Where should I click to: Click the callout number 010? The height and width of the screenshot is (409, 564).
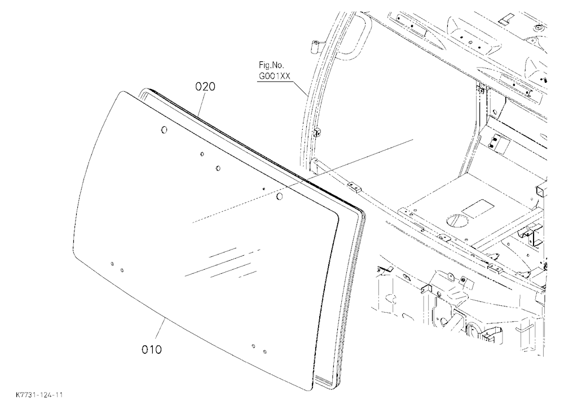[x=151, y=349]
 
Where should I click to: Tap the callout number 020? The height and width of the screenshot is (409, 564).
[x=205, y=87]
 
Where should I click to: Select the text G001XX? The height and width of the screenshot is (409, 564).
[x=275, y=76]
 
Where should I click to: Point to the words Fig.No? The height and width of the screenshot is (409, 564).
[x=272, y=65]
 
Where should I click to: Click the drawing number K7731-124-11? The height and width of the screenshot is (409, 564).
[x=39, y=395]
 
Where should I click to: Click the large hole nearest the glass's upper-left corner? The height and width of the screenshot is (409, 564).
[x=164, y=130]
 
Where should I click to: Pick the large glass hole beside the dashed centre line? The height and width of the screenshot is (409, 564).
[x=280, y=196]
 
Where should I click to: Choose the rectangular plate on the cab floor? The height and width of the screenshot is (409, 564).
[x=478, y=209]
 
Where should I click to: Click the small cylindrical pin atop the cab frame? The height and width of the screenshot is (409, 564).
[x=316, y=46]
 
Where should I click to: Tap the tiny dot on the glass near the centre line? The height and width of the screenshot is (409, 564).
[x=263, y=188]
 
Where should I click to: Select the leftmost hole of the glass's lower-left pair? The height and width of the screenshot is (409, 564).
[x=113, y=264]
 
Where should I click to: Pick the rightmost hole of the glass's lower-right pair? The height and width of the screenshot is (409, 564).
[x=265, y=351]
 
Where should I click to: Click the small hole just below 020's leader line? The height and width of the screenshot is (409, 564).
[x=202, y=154]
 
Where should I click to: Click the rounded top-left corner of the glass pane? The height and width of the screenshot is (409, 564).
[x=122, y=94]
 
